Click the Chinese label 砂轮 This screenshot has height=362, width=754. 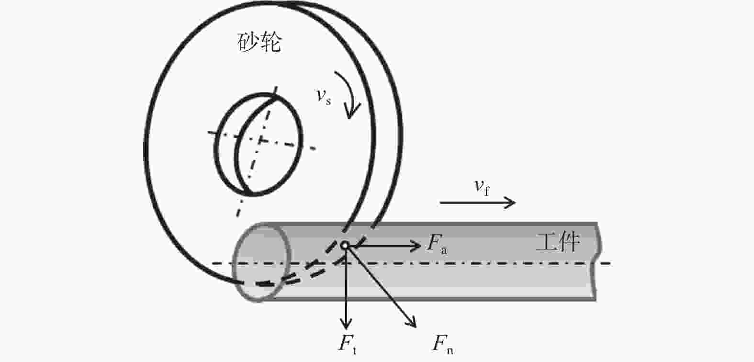(x=259, y=43)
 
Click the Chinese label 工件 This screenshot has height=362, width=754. (x=558, y=242)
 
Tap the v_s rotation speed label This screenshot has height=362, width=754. (x=324, y=97)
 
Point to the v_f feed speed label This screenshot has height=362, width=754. (x=482, y=188)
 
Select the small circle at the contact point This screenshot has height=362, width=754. (x=344, y=245)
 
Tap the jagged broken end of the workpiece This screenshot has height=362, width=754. (x=596, y=261)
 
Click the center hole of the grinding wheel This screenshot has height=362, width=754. (x=259, y=144)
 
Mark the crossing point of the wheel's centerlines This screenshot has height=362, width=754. (x=261, y=141)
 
